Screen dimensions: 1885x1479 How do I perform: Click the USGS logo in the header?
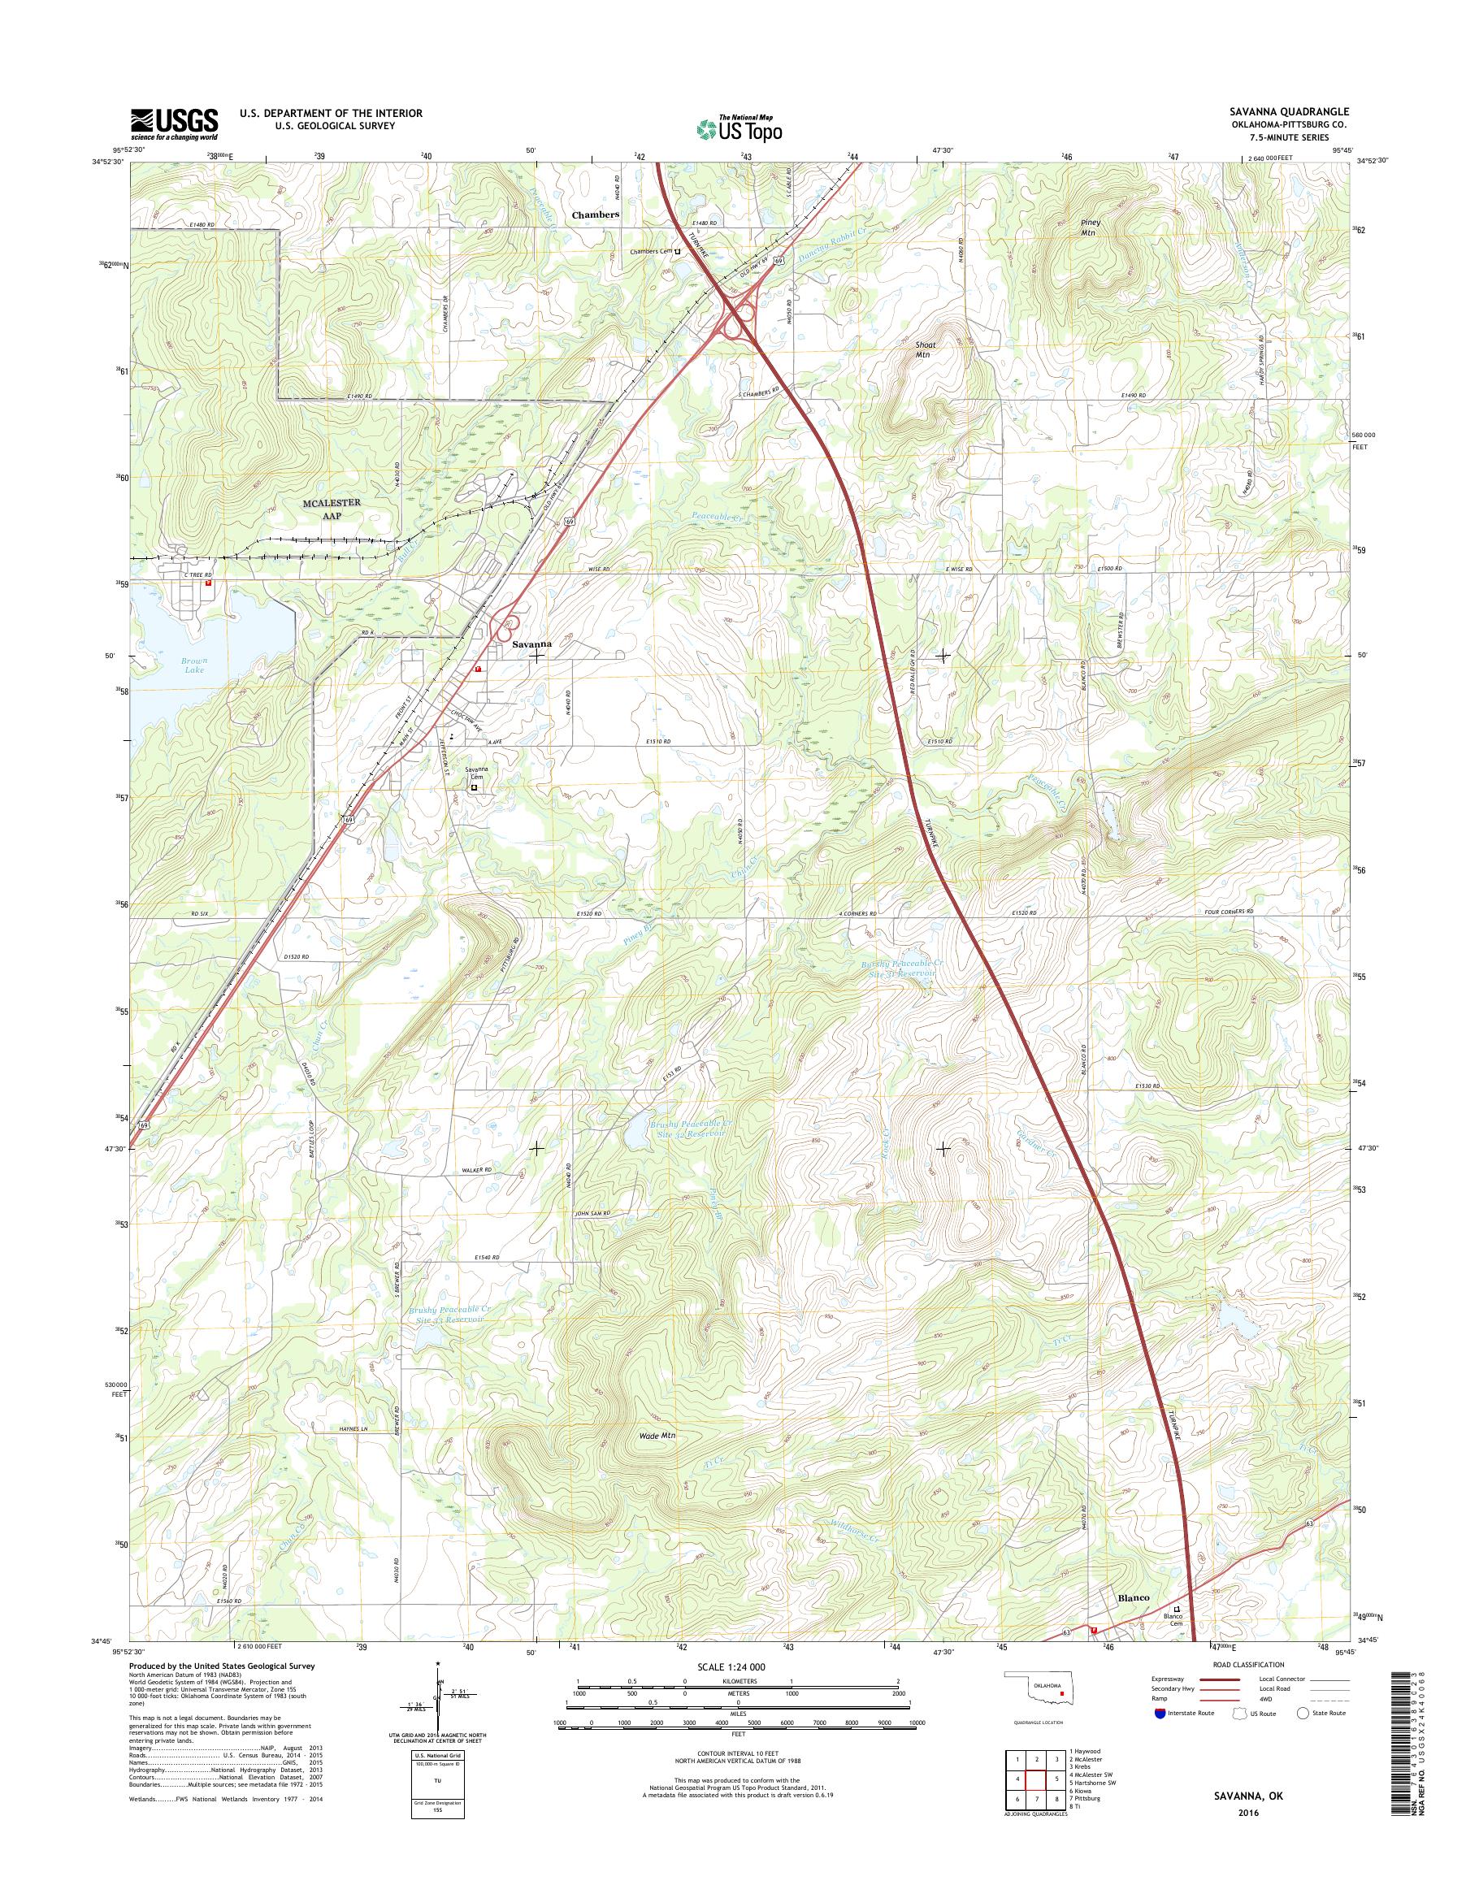coord(174,123)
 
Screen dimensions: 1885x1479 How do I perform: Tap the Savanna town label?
coord(531,645)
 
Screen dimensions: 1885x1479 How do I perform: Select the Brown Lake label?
coord(194,665)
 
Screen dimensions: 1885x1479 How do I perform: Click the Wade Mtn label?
coord(656,1435)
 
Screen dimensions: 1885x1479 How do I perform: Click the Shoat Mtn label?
coord(926,349)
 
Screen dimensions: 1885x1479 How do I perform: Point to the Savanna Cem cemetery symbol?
coord(474,788)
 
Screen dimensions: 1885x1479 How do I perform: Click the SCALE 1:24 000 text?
coord(737,1666)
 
